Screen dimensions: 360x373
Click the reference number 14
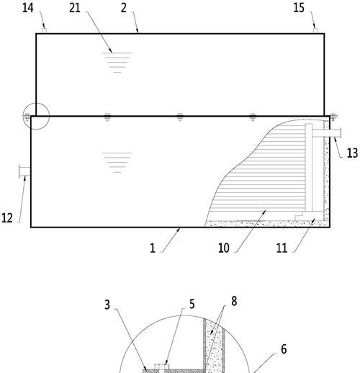coord(28,8)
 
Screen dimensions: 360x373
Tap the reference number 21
coord(75,8)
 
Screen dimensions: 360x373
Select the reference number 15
coord(299,8)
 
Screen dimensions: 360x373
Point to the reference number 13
coord(352,153)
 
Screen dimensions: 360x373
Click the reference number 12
coord(7,218)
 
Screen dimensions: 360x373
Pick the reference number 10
coord(224,248)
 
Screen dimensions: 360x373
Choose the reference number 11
coord(282,248)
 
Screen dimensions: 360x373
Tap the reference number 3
coord(107,305)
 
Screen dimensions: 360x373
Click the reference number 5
coord(192,304)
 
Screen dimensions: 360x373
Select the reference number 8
coord(234,301)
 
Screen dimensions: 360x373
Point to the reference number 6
coord(284,349)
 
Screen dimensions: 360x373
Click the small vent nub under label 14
coord(45,31)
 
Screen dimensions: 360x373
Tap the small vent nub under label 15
coord(315,31)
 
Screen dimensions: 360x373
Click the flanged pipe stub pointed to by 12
coord(24,171)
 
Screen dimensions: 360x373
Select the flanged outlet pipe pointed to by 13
coord(327,133)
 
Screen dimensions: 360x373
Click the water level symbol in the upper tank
coord(117,63)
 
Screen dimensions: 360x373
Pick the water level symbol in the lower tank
coord(117,163)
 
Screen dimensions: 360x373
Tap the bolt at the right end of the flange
coord(333,117)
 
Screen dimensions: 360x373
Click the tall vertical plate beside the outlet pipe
coord(309,167)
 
